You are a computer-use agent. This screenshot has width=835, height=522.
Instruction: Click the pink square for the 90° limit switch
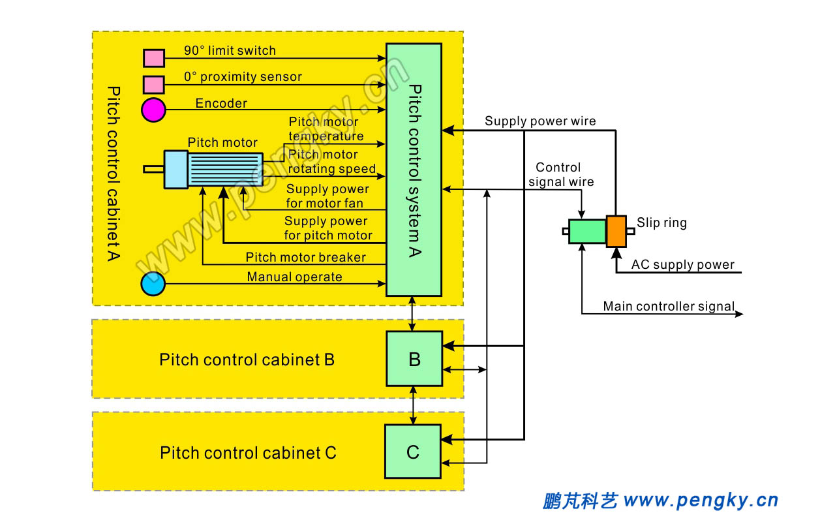click(154, 58)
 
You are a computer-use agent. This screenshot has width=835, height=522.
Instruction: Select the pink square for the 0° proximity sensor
click(154, 84)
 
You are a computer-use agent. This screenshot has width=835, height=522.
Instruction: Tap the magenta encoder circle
click(154, 109)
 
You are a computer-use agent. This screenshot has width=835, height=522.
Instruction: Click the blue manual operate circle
click(153, 284)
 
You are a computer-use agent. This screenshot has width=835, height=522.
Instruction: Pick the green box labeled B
click(414, 358)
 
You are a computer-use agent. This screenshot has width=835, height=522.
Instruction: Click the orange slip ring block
click(616, 231)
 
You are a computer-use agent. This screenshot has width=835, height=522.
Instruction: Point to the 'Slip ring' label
click(661, 223)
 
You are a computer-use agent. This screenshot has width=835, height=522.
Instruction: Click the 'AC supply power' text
click(682, 265)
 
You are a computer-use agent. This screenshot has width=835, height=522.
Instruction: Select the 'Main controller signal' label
click(669, 306)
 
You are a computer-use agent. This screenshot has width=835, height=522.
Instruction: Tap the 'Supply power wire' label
click(539, 121)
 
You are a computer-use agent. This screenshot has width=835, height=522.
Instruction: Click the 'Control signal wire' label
click(560, 175)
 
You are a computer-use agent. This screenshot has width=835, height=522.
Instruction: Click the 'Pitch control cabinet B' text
click(247, 360)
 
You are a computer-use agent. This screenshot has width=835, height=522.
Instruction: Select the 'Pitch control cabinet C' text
click(248, 453)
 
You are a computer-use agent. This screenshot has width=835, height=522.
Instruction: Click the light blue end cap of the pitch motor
click(175, 170)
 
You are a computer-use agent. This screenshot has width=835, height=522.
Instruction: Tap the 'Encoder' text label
click(221, 103)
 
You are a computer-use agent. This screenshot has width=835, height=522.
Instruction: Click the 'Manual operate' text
click(294, 277)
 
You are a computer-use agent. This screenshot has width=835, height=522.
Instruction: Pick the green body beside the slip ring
click(587, 231)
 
